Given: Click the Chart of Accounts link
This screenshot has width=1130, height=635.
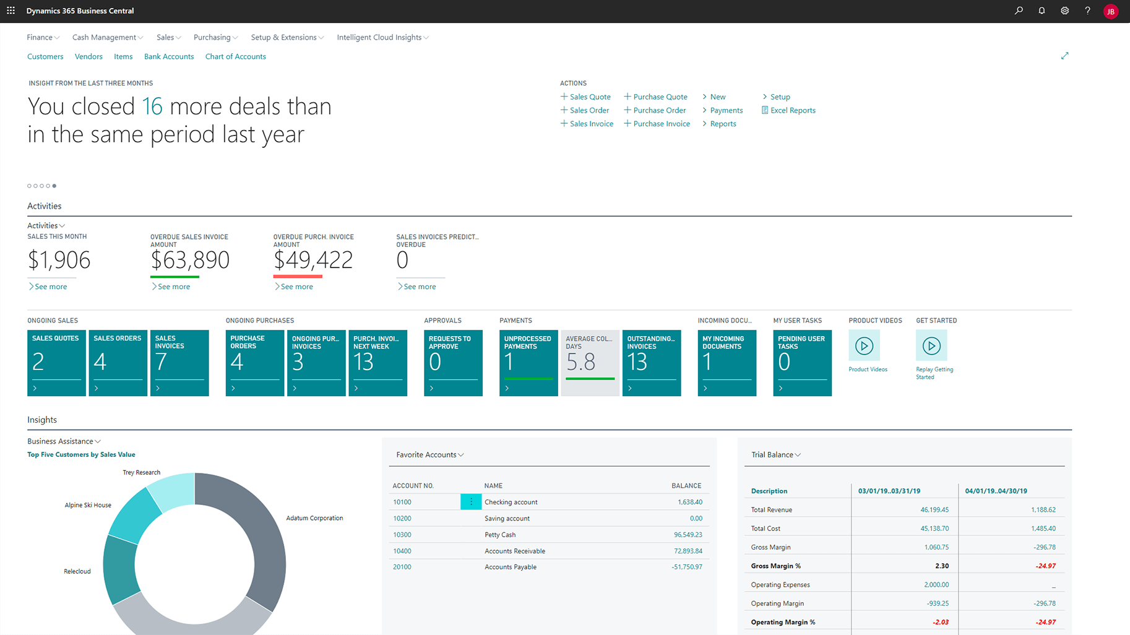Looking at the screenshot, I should (x=235, y=56).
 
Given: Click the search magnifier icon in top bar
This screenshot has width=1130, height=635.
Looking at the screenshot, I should (x=1019, y=11).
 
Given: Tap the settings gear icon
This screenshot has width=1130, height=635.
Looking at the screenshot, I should (x=1064, y=11).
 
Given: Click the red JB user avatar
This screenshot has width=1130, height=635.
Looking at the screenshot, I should (x=1111, y=11).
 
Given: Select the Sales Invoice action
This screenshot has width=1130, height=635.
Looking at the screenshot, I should (x=591, y=124).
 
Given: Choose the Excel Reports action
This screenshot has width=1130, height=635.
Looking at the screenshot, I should (x=792, y=110).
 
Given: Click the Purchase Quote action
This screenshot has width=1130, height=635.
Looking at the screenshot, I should (x=660, y=97).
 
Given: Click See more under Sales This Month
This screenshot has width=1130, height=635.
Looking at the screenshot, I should (x=50, y=287).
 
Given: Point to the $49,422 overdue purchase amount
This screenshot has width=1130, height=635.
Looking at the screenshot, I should (x=313, y=260).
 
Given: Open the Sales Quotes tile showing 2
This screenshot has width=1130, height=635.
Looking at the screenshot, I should (x=56, y=363).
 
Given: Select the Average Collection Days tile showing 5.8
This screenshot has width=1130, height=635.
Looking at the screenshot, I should (x=590, y=363).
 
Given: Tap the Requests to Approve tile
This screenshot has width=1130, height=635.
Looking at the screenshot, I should (x=453, y=363).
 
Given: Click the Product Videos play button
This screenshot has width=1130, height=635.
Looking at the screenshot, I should (x=864, y=346).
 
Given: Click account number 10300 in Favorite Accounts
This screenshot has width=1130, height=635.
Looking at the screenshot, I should (x=402, y=535).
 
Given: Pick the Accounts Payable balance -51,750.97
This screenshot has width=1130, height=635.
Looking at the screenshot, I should (x=687, y=567).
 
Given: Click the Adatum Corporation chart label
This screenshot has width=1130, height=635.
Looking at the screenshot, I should (x=314, y=518).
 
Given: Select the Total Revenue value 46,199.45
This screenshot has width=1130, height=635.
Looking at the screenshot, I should (x=934, y=510).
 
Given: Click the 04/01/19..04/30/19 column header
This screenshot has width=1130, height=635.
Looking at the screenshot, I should (x=996, y=491).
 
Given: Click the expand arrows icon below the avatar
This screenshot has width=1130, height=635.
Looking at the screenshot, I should (x=1064, y=56).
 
